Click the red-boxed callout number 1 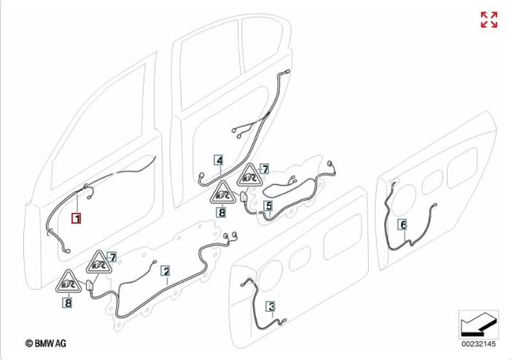point(76,217)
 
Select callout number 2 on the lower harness point(166,272)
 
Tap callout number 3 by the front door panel point(270,307)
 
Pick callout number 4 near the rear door point(219,160)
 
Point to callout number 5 point(268,207)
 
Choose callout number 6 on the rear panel point(403,225)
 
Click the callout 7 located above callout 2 point(112,257)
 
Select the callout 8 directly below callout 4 point(221,214)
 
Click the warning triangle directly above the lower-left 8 point(67,281)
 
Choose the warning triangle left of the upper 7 point(249,176)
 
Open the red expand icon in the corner point(489,20)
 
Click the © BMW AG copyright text point(45,342)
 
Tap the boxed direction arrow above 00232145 point(478,323)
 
